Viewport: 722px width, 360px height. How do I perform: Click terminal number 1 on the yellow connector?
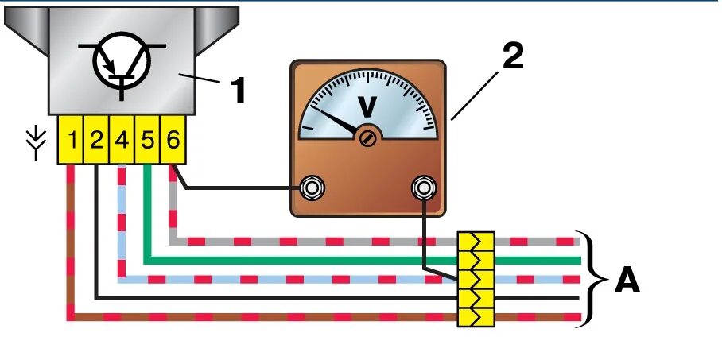point(72,141)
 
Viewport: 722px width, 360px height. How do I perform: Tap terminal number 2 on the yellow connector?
point(96,141)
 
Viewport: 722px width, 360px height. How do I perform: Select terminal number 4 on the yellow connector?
point(122,141)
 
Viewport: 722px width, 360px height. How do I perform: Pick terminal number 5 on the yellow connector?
point(147,141)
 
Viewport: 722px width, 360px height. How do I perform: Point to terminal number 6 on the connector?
point(173,141)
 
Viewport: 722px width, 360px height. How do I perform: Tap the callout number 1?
point(237,90)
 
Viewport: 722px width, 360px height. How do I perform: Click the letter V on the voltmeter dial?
point(368,106)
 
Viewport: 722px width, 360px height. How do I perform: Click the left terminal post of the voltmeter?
point(312,188)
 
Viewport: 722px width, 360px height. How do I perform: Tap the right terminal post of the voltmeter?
point(423,188)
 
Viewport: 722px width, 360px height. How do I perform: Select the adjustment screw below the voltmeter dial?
point(367,139)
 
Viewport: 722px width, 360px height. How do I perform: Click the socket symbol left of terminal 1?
point(35,142)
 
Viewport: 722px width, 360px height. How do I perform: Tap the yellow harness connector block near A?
point(476,279)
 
